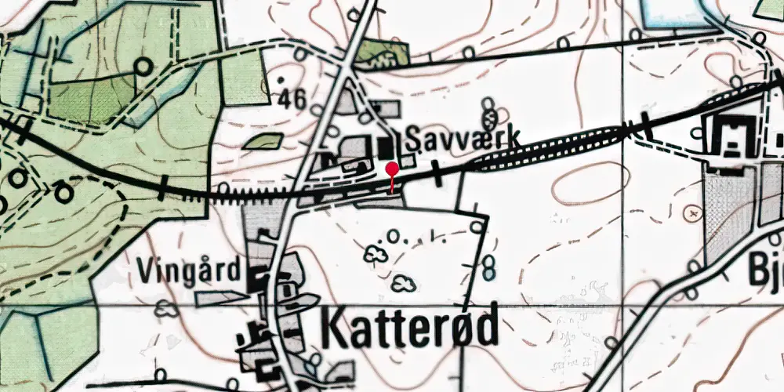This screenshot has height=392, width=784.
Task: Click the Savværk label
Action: click(463, 139)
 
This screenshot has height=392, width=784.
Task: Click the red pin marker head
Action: click(392, 167)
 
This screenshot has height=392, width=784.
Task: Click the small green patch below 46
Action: click(263, 141)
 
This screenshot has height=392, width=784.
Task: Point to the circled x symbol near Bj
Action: click(691, 212)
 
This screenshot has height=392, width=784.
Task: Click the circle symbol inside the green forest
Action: click(143, 66)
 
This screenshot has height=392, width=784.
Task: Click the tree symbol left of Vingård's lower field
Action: click(165, 309)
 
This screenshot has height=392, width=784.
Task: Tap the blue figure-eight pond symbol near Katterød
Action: click(490, 267)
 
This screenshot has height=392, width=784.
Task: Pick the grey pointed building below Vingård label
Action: click(220, 297)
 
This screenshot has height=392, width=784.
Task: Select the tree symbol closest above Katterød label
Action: click(405, 282)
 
